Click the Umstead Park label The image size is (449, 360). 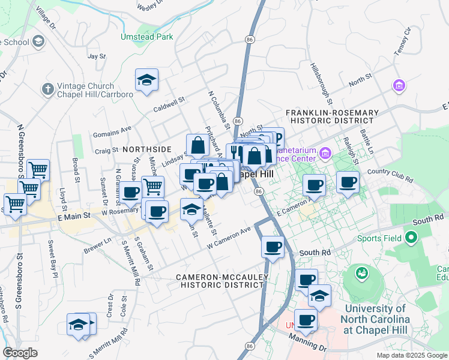tap(148, 37)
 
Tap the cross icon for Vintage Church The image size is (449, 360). tap(47, 89)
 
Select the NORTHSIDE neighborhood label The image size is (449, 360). tap(148, 148)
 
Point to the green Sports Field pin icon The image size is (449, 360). tap(412, 238)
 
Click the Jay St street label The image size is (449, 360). tap(97, 56)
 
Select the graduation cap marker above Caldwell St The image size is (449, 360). tap(146, 80)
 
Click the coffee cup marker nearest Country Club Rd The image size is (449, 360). tap(348, 182)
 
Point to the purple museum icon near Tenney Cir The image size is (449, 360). tap(398, 86)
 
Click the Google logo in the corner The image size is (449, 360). tap(20, 353)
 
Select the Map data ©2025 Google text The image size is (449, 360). tap(411, 355)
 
